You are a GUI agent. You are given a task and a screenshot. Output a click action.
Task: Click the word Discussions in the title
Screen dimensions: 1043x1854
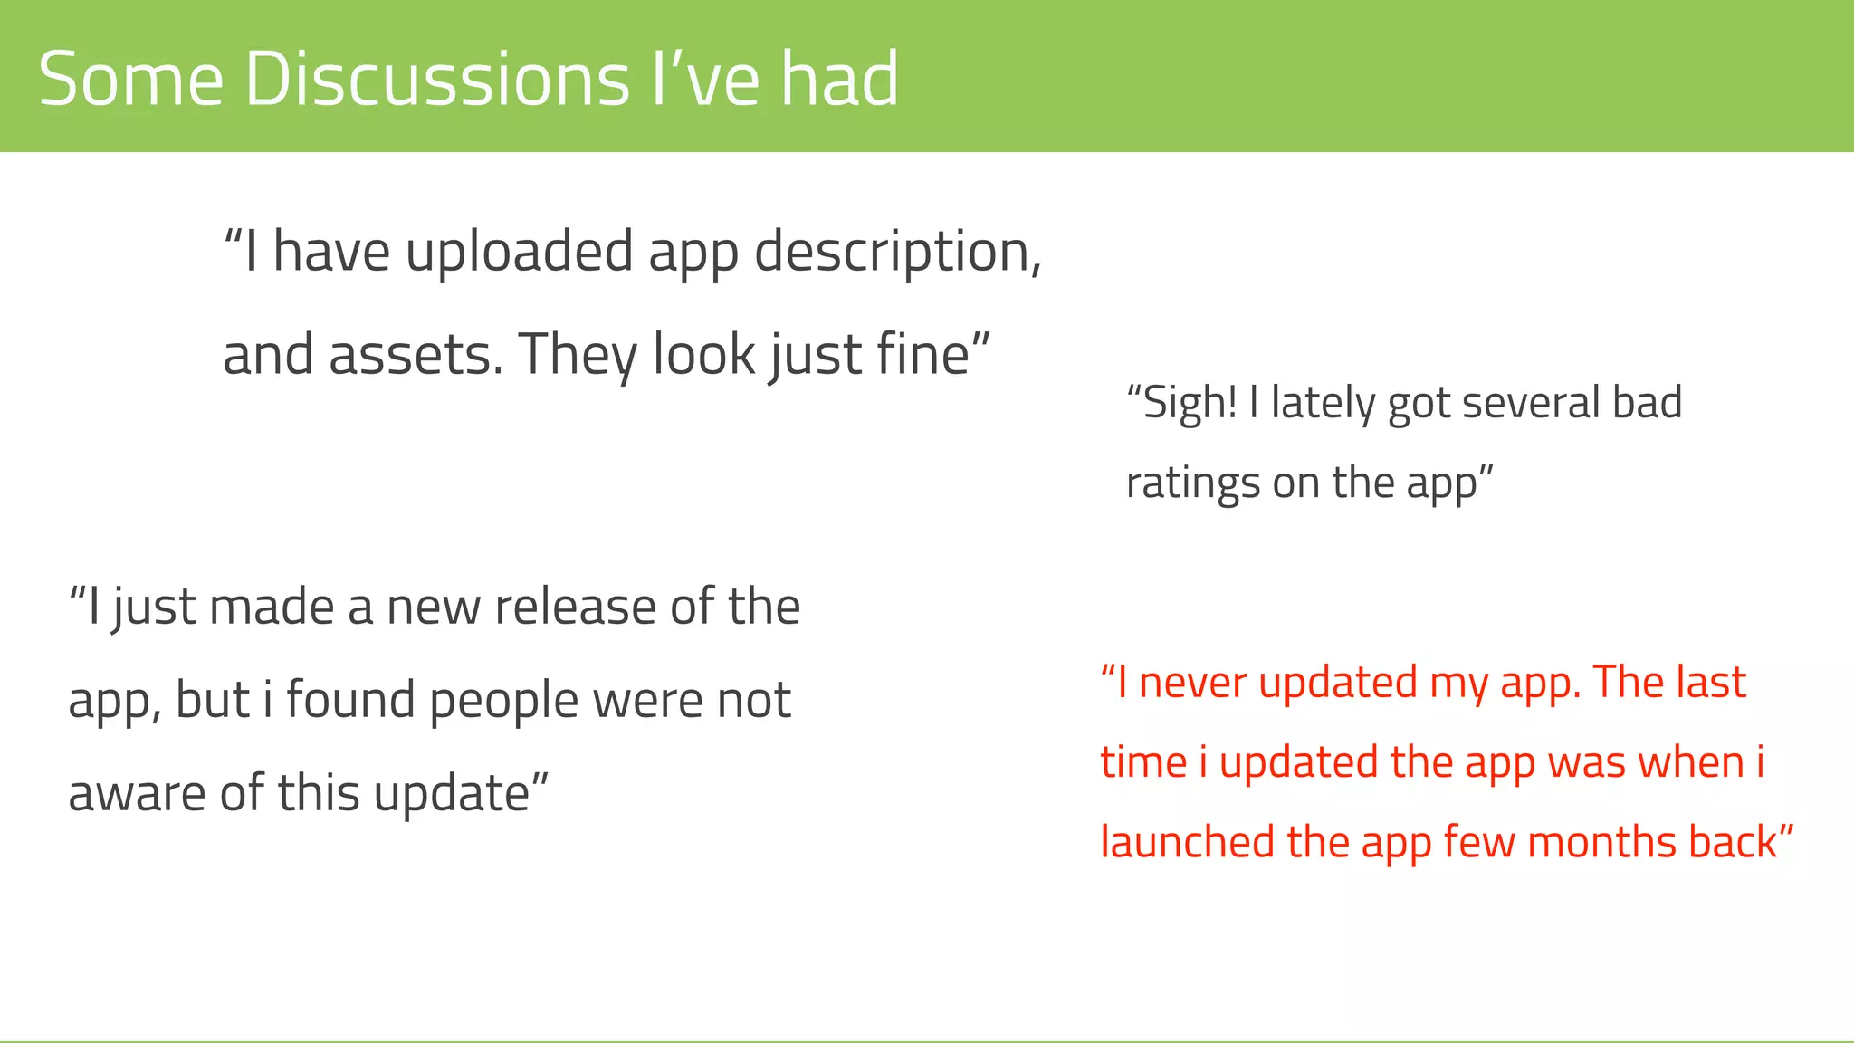pos(436,80)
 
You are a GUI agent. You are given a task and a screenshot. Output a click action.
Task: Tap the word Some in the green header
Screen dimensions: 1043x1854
pos(131,80)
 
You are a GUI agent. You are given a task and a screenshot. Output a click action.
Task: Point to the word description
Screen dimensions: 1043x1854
pos(897,253)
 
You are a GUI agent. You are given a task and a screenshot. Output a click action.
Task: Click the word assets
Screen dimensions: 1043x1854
pos(416,354)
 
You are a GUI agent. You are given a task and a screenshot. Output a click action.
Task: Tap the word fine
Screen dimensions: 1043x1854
pos(932,354)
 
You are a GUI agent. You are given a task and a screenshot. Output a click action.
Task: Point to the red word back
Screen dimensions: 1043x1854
pos(1733,842)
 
